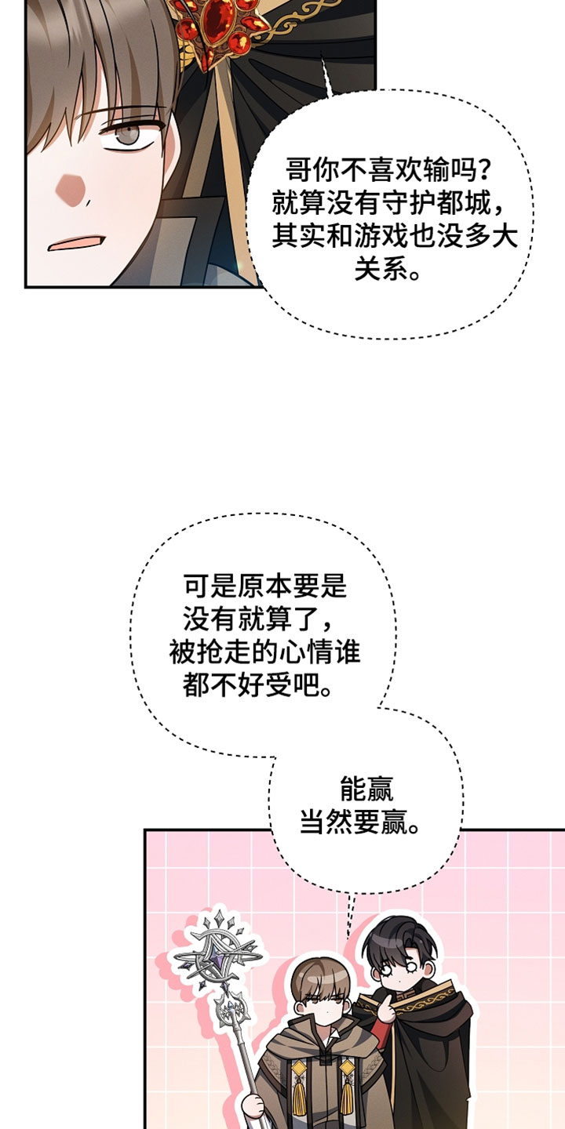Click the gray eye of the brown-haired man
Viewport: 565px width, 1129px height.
[129, 136]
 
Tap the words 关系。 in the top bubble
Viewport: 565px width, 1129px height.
[388, 270]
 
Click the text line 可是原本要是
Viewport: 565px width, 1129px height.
[265, 586]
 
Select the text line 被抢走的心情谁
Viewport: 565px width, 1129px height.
[265, 652]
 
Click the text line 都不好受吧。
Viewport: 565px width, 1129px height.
[257, 684]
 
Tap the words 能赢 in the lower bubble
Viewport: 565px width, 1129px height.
[366, 790]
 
